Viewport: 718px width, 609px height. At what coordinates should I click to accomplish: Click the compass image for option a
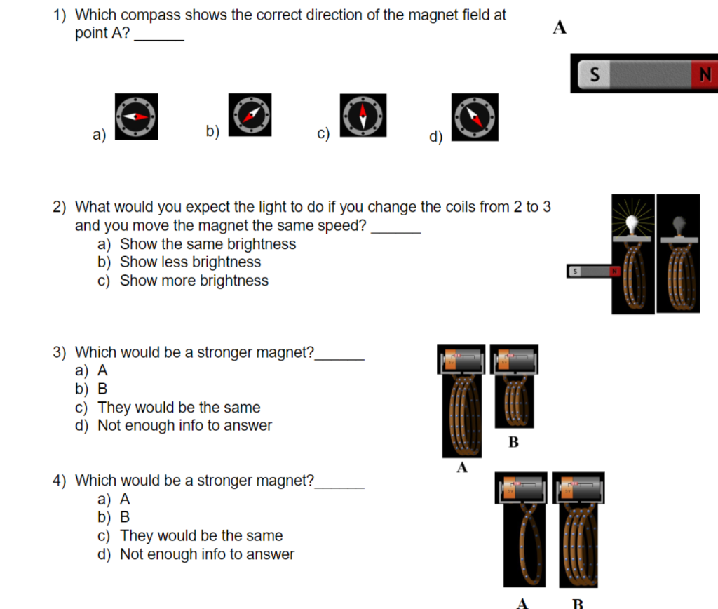(136, 116)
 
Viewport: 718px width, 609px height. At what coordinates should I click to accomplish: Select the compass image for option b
(250, 114)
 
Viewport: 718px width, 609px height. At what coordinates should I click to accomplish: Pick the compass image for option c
(363, 114)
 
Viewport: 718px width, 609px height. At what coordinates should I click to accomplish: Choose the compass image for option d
(475, 117)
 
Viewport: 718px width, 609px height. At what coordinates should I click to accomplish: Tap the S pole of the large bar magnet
(595, 74)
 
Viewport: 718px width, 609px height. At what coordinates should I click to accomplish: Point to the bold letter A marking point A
(559, 28)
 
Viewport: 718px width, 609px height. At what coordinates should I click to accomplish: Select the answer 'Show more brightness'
(194, 281)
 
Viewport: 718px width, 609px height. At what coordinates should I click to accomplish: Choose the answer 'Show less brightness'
(190, 262)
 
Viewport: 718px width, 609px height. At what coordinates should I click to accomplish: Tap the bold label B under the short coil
(513, 443)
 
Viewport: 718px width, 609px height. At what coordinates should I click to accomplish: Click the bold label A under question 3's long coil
(462, 468)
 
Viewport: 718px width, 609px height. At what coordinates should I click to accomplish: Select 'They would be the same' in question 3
(179, 408)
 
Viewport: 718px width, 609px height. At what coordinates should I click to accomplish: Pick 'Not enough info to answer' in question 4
(207, 554)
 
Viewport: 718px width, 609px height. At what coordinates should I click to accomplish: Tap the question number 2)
(60, 207)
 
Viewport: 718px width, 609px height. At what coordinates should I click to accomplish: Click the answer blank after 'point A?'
(158, 34)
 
